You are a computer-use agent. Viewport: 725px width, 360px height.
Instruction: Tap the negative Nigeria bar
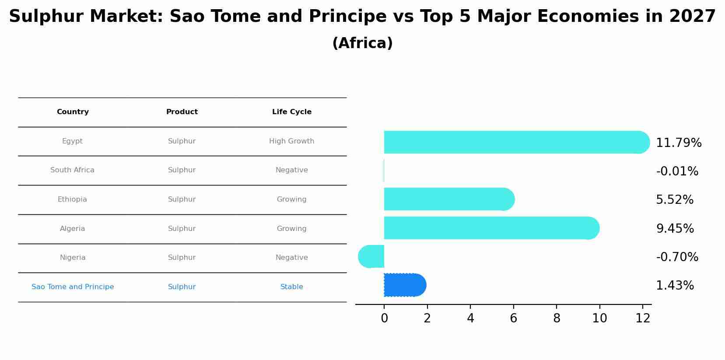(371, 257)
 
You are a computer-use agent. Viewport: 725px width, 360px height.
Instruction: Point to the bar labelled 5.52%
(449, 199)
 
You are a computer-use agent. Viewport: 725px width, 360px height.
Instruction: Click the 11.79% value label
(679, 143)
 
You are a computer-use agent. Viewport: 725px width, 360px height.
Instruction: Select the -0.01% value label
(677, 171)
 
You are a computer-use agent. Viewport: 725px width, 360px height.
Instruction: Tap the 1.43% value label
(675, 286)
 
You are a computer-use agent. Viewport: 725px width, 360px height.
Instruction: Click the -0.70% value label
(677, 257)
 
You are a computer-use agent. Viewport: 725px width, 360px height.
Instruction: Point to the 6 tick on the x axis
(514, 318)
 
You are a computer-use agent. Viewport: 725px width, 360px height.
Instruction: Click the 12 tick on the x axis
(643, 318)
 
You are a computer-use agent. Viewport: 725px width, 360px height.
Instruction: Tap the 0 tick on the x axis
(384, 318)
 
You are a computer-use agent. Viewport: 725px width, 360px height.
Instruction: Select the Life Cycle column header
(292, 112)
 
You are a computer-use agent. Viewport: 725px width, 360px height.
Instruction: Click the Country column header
(73, 112)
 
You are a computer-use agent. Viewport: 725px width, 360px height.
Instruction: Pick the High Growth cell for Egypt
(292, 141)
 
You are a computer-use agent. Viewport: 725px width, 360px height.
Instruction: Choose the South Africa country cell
(72, 170)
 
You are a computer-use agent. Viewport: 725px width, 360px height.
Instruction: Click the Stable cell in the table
(292, 287)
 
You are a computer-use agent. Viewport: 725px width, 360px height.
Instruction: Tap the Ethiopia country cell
(72, 199)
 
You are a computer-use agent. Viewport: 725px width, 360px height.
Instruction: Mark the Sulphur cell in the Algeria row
(182, 229)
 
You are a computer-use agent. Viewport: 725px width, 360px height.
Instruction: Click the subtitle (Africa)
(362, 43)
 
